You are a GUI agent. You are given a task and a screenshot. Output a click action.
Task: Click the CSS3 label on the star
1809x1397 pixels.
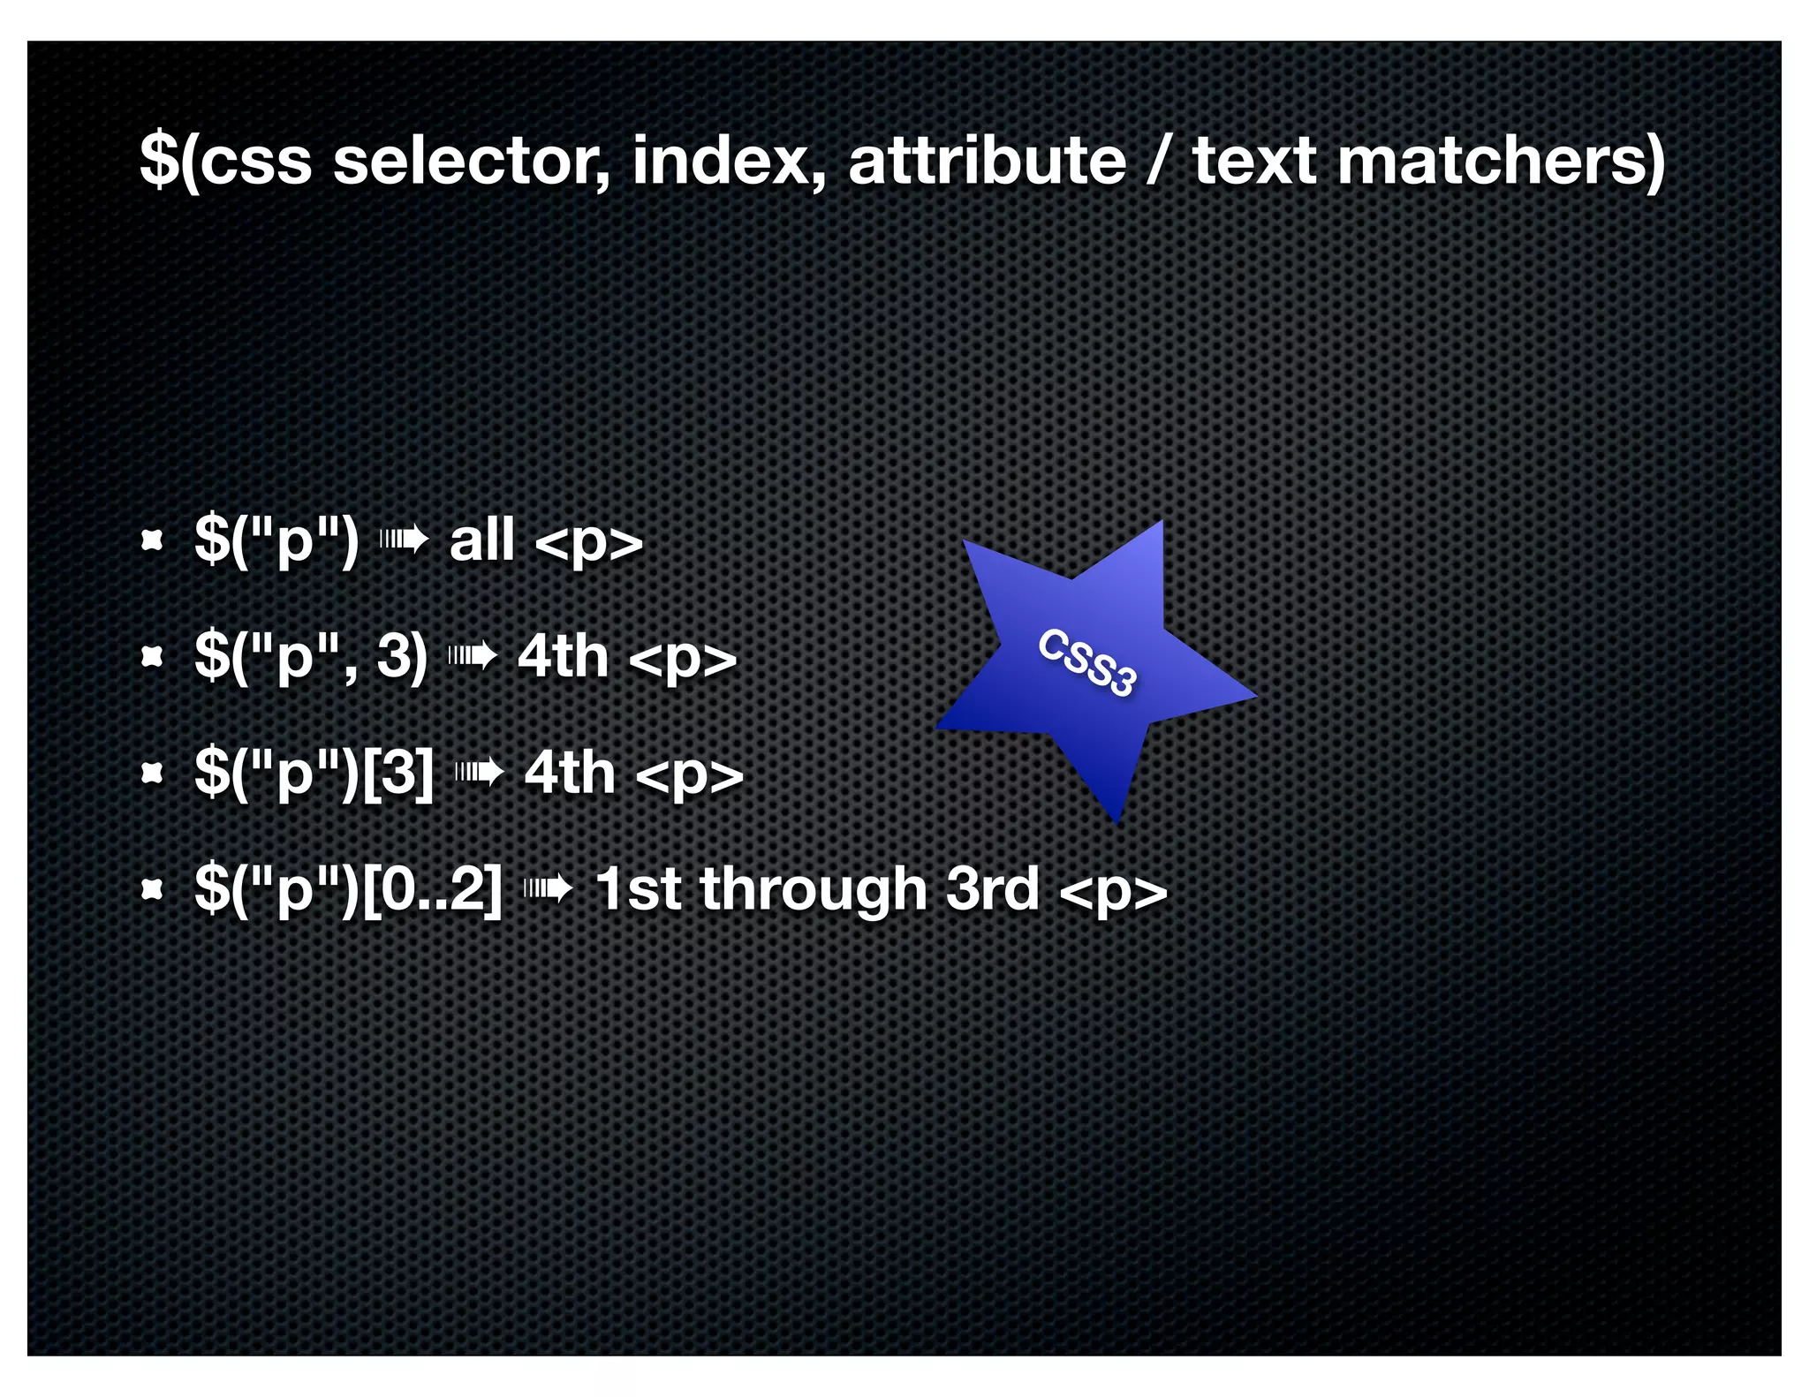[x=1086, y=662]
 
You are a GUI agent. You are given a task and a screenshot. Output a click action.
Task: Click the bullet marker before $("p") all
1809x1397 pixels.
[x=153, y=540]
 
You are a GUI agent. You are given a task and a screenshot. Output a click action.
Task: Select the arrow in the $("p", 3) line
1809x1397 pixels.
[x=473, y=656]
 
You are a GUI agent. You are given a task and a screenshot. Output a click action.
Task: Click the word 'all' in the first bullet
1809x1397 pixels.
[x=482, y=540]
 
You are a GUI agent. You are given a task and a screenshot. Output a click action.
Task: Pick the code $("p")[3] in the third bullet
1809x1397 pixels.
[x=314, y=773]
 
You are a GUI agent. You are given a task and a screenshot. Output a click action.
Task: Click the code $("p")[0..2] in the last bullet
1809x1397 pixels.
[x=348, y=889]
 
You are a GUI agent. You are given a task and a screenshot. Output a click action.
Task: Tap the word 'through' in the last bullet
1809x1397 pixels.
[x=813, y=889]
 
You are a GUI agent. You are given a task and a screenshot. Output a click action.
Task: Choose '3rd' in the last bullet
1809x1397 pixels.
[x=992, y=889]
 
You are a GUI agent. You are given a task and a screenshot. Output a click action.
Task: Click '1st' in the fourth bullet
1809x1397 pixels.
[x=638, y=889]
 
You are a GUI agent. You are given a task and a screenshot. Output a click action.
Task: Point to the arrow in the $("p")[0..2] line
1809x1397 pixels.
[x=549, y=889]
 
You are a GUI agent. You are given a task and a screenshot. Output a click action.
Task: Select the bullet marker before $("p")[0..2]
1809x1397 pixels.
[x=153, y=889]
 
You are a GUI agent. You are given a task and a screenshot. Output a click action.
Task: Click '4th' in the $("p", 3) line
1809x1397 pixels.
[x=563, y=656]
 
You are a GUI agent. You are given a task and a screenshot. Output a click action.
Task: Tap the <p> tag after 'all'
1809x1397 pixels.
[x=589, y=541]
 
